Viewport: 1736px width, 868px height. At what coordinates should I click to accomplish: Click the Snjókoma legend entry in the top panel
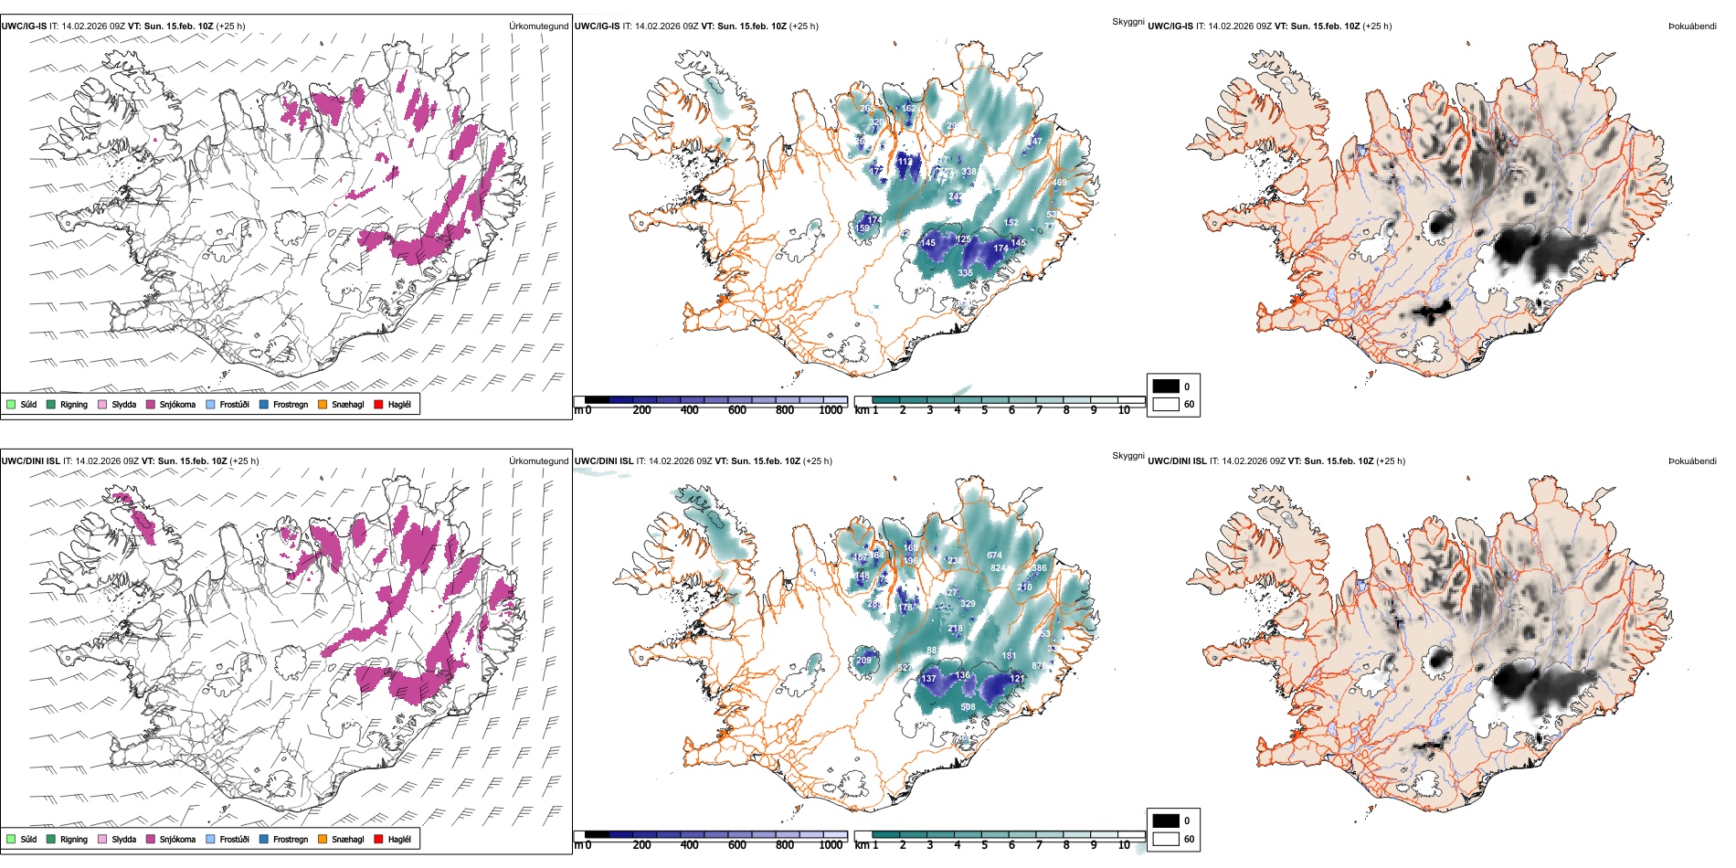(176, 405)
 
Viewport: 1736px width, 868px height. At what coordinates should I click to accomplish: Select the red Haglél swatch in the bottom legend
(378, 839)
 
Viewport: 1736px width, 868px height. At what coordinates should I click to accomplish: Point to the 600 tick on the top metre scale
(737, 410)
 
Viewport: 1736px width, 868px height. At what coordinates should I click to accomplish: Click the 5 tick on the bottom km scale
(984, 845)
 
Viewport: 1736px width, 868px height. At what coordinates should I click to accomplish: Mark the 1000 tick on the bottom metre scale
(831, 845)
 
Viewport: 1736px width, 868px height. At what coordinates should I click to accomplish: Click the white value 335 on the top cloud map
(965, 273)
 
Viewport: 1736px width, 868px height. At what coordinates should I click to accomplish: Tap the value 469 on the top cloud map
(1059, 183)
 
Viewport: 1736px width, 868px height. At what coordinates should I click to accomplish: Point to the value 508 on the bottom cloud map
(968, 706)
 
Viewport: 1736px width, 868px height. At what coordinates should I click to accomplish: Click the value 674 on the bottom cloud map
(994, 555)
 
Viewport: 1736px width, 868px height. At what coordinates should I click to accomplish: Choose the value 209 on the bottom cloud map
(863, 660)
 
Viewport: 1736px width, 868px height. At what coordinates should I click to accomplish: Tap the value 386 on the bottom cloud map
(1039, 568)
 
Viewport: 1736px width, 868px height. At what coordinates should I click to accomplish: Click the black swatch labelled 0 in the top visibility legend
(1166, 386)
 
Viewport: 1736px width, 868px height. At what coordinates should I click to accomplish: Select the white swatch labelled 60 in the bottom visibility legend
(1166, 839)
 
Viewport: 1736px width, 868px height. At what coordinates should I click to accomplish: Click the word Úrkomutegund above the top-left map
(538, 26)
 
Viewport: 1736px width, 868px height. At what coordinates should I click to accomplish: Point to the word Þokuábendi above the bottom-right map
(1692, 461)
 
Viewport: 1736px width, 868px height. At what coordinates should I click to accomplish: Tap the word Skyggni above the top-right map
(1127, 22)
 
